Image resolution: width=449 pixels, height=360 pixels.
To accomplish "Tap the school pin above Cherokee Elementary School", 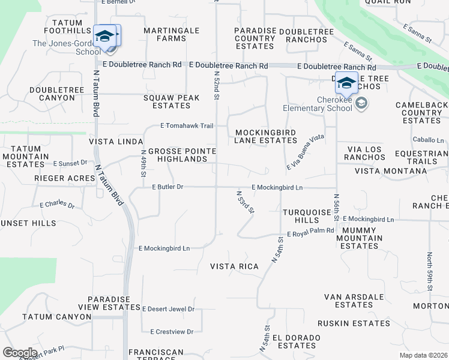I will coord(346,83).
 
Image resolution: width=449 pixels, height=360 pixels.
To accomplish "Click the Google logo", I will coord(20,352).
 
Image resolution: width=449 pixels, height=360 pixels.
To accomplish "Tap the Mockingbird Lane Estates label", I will coord(266,136).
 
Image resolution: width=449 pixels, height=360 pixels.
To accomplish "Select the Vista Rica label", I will coord(234,266).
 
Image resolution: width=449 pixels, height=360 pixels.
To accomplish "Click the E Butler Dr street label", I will coord(167,187).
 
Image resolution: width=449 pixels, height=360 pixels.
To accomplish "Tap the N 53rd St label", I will coord(246,202).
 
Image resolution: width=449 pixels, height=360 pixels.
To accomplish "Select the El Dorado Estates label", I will coord(296,341).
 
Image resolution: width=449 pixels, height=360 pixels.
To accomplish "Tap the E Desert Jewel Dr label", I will coord(168,309).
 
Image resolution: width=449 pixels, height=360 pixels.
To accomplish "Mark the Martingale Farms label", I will coord(163,34).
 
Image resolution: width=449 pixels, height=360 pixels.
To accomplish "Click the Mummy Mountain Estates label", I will coord(359,238).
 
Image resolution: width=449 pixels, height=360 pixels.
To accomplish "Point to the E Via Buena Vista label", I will coord(306,151).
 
